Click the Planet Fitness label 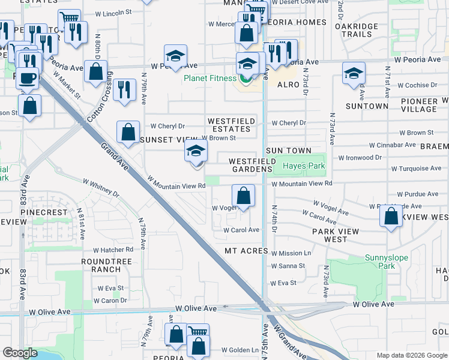pos(209,78)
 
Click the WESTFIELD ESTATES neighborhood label pos(231,125)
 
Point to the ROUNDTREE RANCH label pos(106,266)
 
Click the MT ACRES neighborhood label pos(245,250)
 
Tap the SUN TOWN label pos(289,151)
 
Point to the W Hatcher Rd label pos(113,250)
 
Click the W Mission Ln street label pos(291,253)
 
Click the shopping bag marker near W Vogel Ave pos(243,196)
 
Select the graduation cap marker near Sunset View pos(196,153)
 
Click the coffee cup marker pos(28,78)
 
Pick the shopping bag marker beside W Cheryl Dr pos(128,133)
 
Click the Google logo pos(19,353)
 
